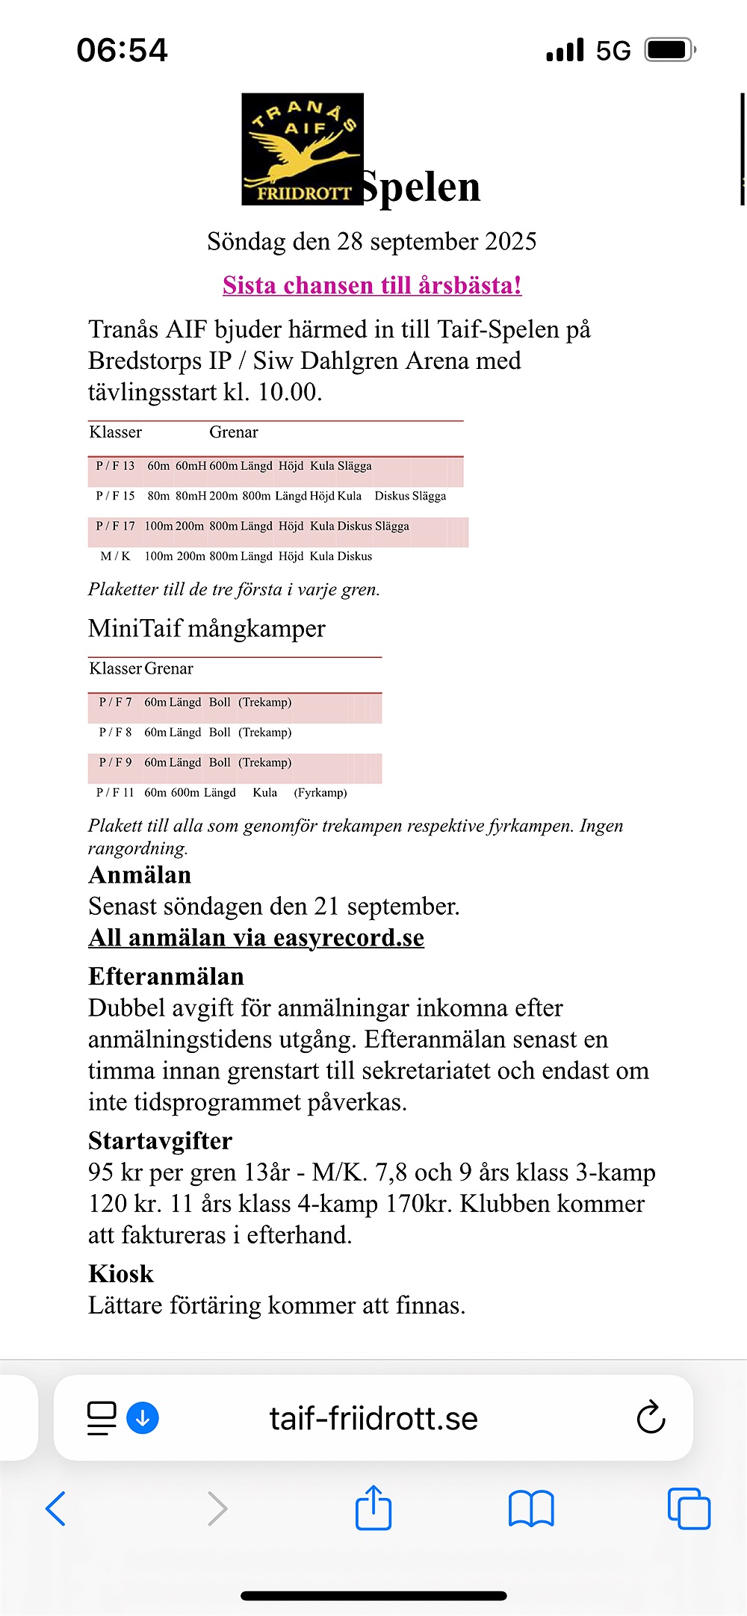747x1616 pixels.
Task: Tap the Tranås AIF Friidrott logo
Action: point(303,149)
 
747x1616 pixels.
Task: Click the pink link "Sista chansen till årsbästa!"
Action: point(372,285)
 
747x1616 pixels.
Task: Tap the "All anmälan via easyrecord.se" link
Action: point(256,938)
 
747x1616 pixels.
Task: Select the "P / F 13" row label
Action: point(115,466)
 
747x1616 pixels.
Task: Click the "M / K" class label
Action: point(115,556)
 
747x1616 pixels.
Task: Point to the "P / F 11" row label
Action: point(115,792)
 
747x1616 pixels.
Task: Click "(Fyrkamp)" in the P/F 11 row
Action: point(320,792)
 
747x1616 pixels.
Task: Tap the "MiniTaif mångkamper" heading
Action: point(207,629)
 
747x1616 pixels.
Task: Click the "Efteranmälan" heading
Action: point(166,977)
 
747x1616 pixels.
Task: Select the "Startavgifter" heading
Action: point(160,1141)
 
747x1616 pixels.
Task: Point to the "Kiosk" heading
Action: point(121,1274)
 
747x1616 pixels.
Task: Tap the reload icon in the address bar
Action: point(651,1417)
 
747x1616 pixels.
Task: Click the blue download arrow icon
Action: point(143,1417)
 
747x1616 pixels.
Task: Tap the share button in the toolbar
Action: point(373,1508)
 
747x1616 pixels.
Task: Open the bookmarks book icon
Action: point(530,1508)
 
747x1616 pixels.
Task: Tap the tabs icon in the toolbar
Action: point(689,1508)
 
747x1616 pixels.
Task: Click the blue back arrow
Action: point(56,1508)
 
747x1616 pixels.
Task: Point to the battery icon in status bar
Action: point(669,50)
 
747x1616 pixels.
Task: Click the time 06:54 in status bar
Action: point(122,50)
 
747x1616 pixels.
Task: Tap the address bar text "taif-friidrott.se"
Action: point(373,1418)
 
